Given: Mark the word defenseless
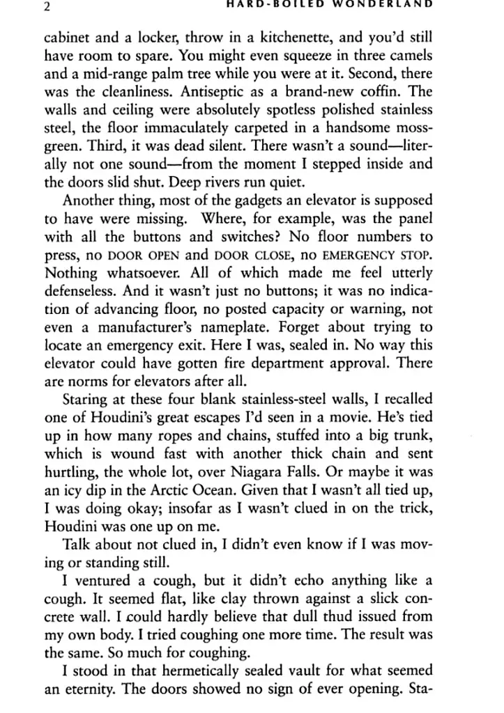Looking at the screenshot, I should point(82,292).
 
